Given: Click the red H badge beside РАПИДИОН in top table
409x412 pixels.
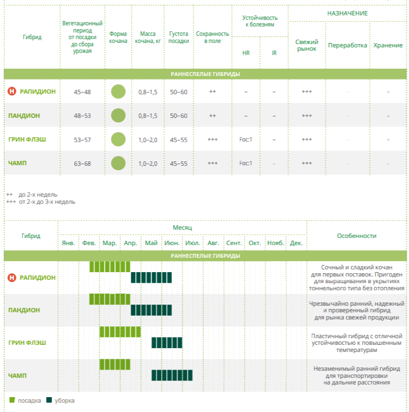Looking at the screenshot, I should pyautogui.click(x=12, y=91).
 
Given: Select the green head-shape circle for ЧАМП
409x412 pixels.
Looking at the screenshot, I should pyautogui.click(x=118, y=163).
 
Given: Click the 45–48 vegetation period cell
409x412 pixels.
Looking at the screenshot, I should pyautogui.click(x=82, y=92).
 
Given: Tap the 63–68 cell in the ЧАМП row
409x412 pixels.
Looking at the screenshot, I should pyautogui.click(x=82, y=164).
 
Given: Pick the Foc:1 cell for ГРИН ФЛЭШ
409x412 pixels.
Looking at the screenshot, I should pyautogui.click(x=245, y=139).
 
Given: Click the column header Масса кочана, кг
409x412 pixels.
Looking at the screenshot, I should pyautogui.click(x=148, y=37).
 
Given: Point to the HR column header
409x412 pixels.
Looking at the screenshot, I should pyautogui.click(x=245, y=53).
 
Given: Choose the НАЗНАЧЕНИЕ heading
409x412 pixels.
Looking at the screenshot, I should pyautogui.click(x=347, y=13).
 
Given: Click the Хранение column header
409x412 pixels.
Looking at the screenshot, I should pyautogui.click(x=388, y=45).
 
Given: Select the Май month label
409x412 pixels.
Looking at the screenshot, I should pyautogui.click(x=151, y=243).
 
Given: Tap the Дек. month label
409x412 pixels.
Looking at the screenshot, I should pyautogui.click(x=296, y=243).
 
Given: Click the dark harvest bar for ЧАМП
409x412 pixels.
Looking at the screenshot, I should pyautogui.click(x=172, y=375).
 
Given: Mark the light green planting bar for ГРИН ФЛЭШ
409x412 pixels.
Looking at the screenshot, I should pyautogui.click(x=120, y=332).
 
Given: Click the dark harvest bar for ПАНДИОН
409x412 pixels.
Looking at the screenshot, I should pyautogui.click(x=151, y=310).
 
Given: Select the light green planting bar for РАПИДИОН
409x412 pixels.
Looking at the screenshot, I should pyautogui.click(x=110, y=267).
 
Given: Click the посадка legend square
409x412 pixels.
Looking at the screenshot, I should pyautogui.click(x=12, y=400).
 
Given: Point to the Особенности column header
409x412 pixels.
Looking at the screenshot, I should pyautogui.click(x=357, y=236).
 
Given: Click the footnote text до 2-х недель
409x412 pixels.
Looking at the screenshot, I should pyautogui.click(x=38, y=194).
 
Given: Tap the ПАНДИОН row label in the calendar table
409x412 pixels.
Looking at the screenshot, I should pyautogui.click(x=24, y=310).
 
